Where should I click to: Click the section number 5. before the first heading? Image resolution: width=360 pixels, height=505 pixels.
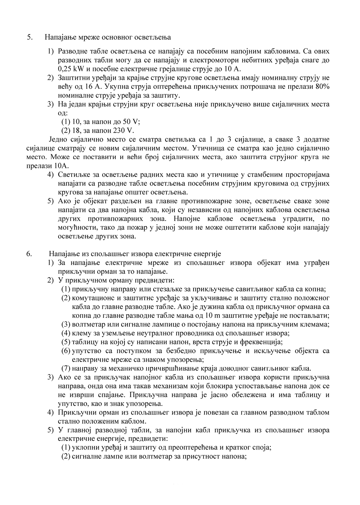(x=30, y=37)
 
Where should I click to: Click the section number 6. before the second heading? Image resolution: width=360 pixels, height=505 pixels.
(x=29, y=254)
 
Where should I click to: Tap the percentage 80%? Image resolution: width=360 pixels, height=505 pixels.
(x=322, y=86)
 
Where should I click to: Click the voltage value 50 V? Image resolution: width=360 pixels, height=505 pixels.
(x=131, y=121)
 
